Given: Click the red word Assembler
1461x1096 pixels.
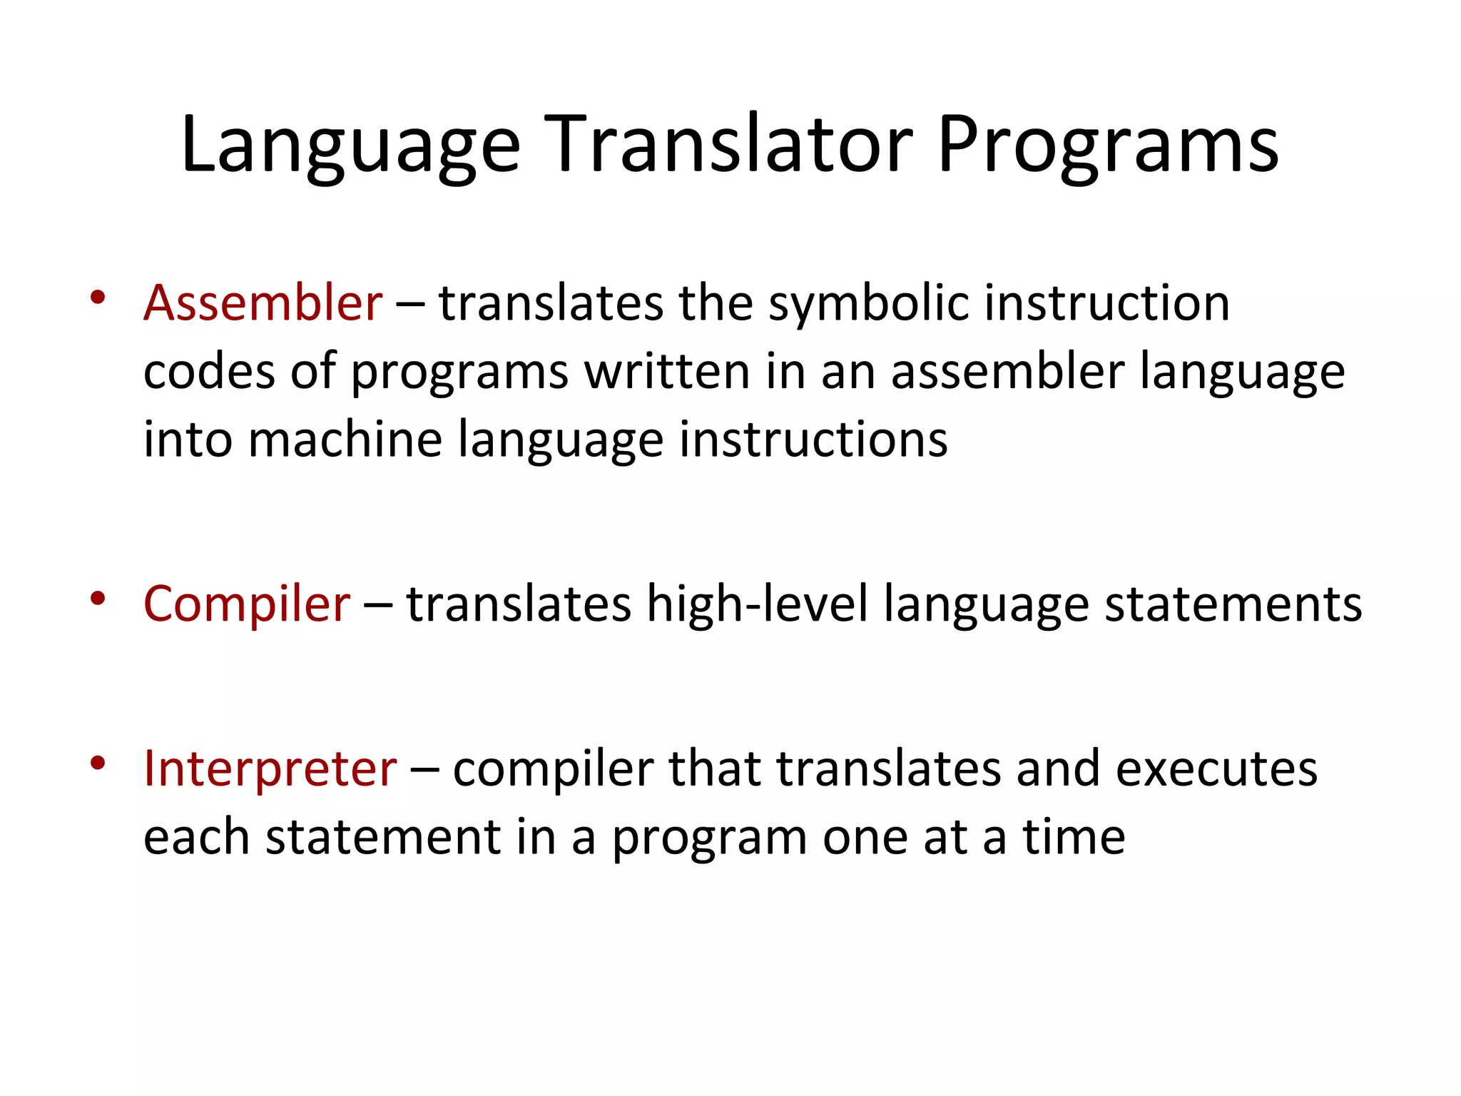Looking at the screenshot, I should point(263,303).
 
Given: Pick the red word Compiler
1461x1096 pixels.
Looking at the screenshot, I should point(247,604).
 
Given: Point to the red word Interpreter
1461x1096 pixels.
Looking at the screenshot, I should point(270,768).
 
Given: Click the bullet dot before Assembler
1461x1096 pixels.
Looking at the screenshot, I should point(98,298).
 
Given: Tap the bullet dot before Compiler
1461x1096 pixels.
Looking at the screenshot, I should point(98,599).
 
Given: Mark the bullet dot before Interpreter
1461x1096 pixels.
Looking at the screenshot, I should point(98,763).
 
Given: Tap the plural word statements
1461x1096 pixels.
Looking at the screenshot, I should point(1233,604).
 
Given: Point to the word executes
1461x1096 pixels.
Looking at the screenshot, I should point(1216,768).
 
